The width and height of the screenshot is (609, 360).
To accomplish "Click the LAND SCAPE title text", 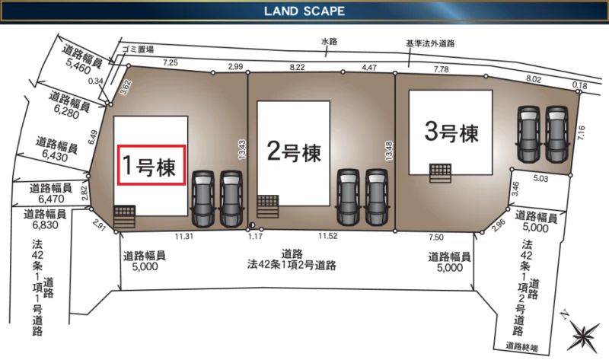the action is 304,11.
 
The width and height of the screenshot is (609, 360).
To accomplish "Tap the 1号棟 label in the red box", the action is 149,166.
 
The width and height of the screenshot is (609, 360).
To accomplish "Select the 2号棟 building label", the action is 294,151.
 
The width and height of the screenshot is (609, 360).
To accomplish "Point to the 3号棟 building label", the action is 451,132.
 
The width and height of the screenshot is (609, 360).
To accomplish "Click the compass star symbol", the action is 583,336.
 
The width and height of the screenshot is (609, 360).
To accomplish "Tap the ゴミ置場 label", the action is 138,49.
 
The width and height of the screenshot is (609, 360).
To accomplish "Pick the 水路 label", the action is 329,41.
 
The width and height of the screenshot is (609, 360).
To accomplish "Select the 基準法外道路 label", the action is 430,43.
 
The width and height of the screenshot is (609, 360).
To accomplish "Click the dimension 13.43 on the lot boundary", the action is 242,149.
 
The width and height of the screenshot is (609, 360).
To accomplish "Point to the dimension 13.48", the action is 389,151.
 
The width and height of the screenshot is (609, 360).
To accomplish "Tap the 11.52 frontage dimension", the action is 328,236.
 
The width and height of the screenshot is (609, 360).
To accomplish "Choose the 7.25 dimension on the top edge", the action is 171,62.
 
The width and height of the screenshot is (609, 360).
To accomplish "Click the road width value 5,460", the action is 78,67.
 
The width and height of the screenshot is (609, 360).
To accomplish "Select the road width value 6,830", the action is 45,225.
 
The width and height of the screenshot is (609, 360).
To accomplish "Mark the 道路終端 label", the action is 521,346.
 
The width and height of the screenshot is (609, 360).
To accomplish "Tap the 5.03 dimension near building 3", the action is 540,179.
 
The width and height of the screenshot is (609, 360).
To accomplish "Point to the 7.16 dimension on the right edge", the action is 581,133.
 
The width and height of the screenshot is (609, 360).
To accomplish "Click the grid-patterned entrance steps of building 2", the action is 268,206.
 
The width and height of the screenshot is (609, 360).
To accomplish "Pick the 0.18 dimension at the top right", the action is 579,85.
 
